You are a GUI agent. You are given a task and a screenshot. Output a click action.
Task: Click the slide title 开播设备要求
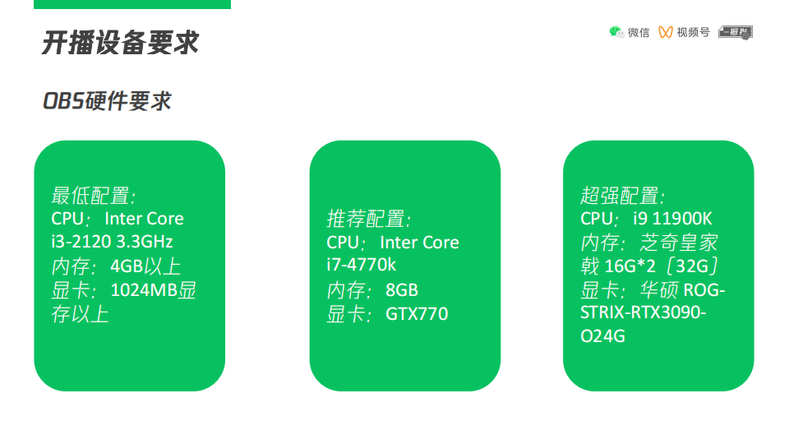(120, 43)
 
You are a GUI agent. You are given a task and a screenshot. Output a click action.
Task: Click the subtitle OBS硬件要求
(107, 101)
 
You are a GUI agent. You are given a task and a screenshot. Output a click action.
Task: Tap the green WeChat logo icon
(616, 32)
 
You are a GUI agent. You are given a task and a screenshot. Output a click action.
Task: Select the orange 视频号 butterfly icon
(666, 32)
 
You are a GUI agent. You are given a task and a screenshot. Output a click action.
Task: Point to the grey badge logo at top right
(735, 32)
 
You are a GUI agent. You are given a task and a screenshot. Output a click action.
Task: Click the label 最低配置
(93, 196)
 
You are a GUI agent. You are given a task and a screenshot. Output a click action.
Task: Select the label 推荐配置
(368, 220)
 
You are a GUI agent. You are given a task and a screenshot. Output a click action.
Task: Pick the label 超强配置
(622, 196)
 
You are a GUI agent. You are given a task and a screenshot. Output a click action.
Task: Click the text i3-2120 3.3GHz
(112, 243)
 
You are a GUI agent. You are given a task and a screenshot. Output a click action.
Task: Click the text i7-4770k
(362, 266)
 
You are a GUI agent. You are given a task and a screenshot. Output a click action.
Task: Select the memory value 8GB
(401, 290)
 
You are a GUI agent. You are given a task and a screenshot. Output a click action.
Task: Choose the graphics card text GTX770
(417, 314)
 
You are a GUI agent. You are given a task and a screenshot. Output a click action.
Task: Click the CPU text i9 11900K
(672, 219)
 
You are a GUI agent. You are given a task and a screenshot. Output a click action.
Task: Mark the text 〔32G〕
(694, 266)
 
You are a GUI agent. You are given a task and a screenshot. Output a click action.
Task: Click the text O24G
(603, 337)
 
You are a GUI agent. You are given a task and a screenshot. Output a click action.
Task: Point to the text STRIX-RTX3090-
(644, 313)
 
